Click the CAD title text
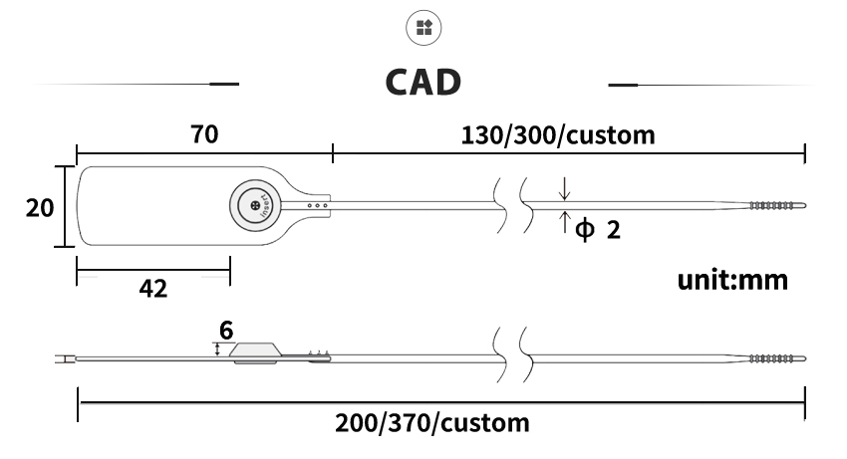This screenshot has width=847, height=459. (423, 82)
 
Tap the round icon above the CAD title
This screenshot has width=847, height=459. (423, 28)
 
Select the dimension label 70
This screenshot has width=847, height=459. (204, 134)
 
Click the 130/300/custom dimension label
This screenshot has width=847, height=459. (558, 135)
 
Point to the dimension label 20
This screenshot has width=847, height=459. (40, 208)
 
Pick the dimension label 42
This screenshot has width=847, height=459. (153, 289)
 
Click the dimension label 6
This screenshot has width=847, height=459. (226, 331)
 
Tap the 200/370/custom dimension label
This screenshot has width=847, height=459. (432, 423)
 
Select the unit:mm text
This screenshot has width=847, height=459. (732, 280)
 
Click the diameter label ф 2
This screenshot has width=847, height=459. (598, 229)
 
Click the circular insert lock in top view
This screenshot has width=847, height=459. (255, 206)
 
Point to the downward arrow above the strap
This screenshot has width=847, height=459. (564, 188)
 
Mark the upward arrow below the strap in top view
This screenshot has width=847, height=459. (564, 222)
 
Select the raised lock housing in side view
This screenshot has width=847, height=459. (255, 352)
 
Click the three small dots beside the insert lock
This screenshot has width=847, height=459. (317, 205)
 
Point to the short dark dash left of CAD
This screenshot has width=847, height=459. (224, 85)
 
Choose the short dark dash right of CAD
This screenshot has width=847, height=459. (623, 85)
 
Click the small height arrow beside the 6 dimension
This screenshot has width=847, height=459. (217, 349)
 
